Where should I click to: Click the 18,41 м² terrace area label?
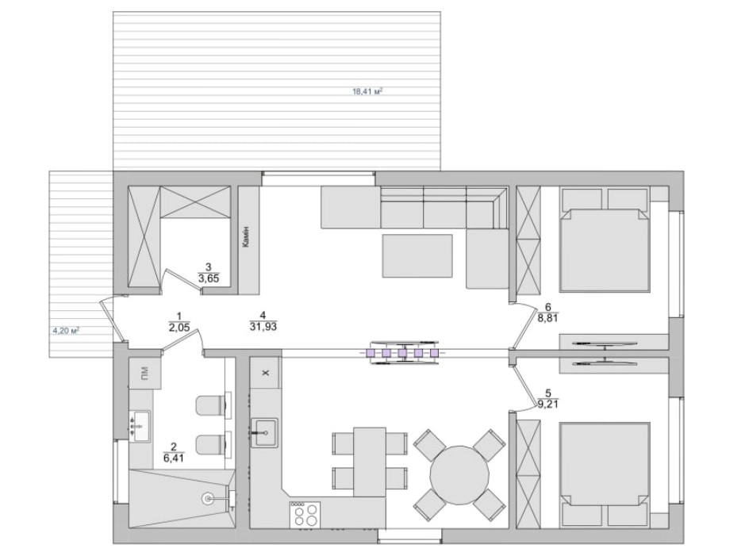367,91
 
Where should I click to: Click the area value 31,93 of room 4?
263,328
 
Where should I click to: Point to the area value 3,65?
209,279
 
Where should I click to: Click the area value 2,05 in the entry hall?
179,328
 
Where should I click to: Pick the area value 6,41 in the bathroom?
173,458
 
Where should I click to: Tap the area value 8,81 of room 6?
547,319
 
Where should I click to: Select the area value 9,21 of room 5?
547,405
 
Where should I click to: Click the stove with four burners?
305,514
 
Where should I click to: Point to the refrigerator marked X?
266,372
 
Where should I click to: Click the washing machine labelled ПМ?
145,373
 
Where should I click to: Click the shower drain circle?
208,498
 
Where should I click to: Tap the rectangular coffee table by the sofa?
417,255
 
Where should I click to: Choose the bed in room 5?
605,474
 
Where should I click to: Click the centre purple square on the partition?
402,352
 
